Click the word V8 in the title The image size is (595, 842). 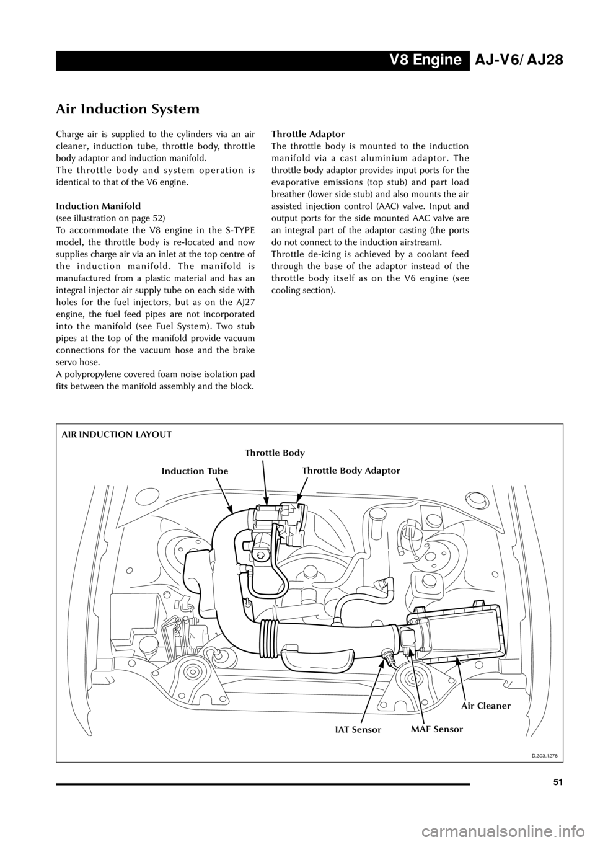coord(400,60)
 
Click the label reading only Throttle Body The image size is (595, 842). coord(275,453)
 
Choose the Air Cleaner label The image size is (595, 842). coord(486,706)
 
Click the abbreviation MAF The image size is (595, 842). coord(421,730)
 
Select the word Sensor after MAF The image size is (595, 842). coord(448,730)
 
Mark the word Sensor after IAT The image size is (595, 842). coord(367,730)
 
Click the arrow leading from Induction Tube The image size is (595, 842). coord(224,494)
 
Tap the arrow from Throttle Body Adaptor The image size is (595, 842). coord(302,487)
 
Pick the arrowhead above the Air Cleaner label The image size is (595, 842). coord(457,660)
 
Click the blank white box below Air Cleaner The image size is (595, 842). coord(531,744)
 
